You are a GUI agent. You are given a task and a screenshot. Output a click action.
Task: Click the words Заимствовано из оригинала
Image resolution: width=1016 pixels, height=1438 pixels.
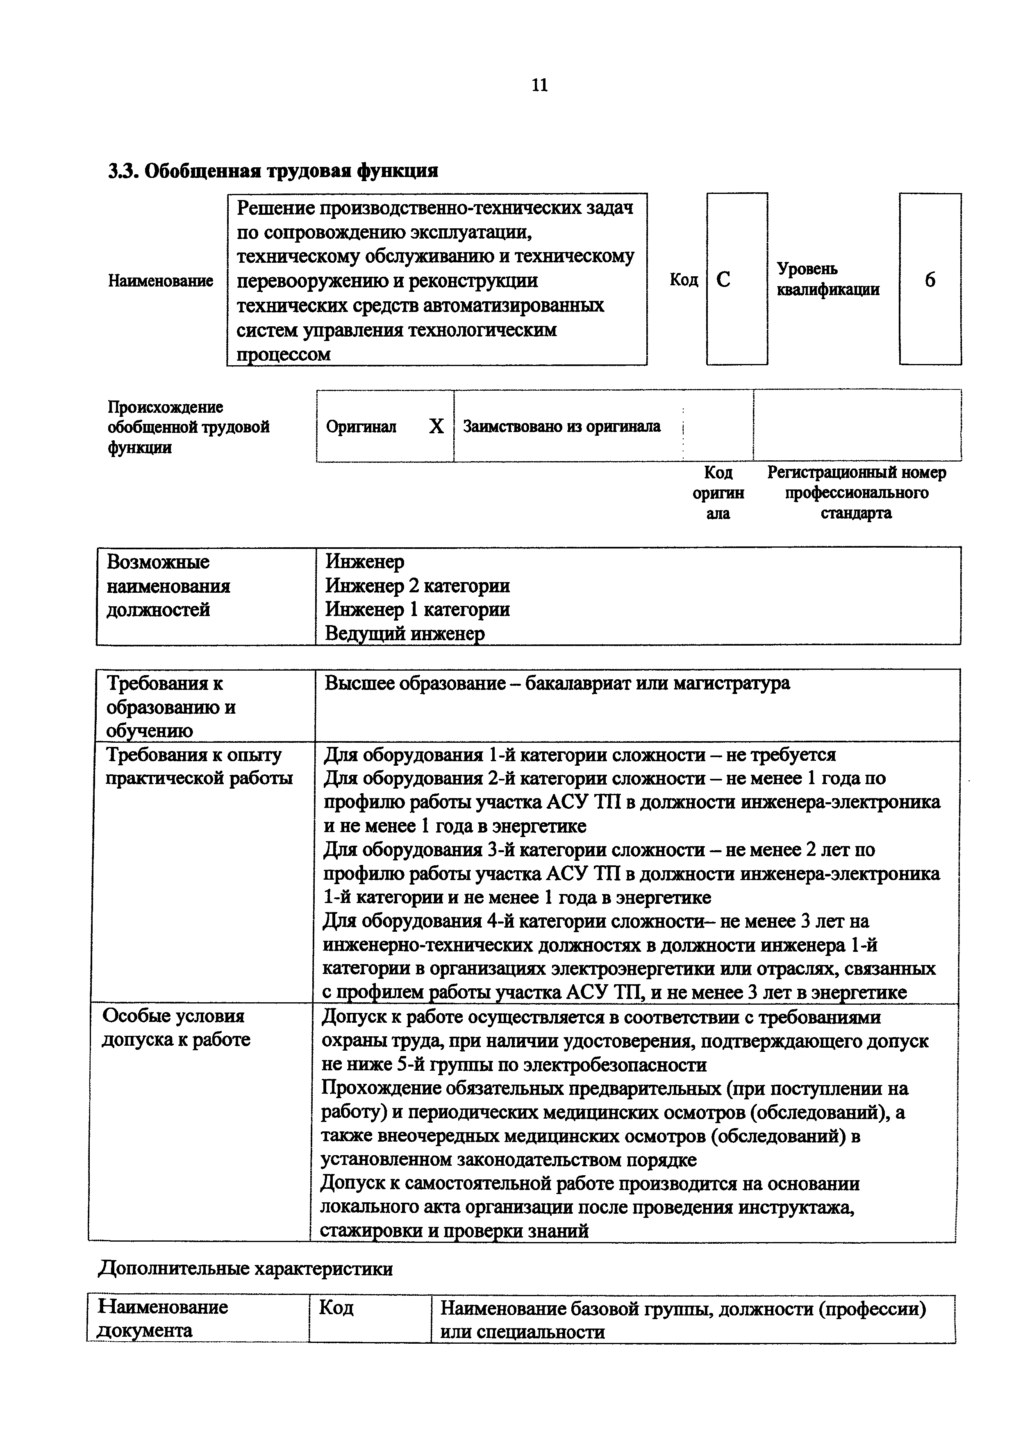pos(561,426)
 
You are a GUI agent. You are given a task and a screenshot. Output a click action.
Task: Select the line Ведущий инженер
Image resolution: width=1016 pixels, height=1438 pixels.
pos(405,634)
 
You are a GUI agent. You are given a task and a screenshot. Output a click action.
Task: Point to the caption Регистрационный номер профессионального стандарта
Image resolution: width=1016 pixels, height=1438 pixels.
pos(857,492)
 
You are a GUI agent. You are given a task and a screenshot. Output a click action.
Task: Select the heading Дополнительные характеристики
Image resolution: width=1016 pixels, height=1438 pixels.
pos(245,1269)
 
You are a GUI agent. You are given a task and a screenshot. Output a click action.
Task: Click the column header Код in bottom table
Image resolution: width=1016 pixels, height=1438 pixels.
pos(336,1308)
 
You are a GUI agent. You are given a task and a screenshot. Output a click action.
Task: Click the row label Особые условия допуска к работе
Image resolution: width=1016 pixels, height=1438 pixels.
pos(175,1027)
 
